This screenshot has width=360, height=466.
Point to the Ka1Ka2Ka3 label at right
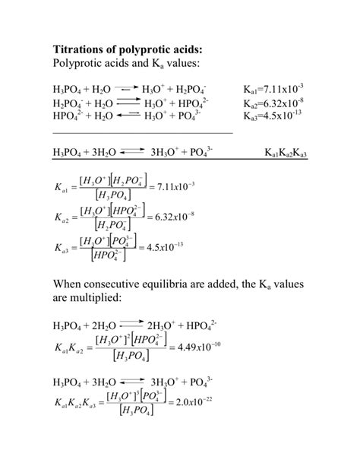[291, 154]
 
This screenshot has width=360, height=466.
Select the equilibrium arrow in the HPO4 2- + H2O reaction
[130, 116]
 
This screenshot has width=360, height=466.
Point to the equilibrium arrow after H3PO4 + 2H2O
[134, 326]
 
